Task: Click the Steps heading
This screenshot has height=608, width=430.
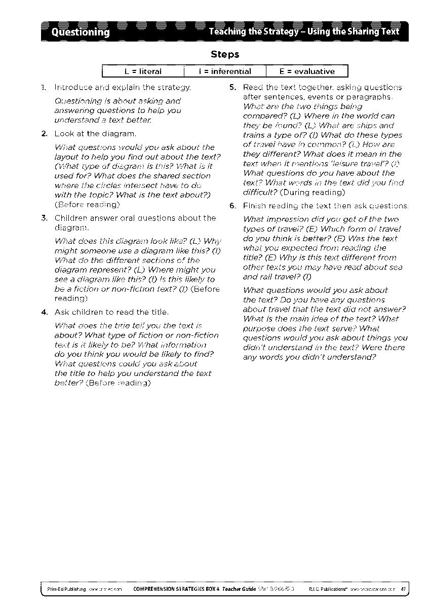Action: [225, 54]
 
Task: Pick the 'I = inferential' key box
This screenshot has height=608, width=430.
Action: [224, 71]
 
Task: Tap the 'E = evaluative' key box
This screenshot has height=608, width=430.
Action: [307, 71]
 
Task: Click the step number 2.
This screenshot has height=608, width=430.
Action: [44, 134]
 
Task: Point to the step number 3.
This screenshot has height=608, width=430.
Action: [44, 218]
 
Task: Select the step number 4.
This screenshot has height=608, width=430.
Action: [44, 312]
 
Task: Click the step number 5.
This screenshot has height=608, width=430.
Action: [232, 87]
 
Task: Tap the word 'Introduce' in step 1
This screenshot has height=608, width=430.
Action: [71, 88]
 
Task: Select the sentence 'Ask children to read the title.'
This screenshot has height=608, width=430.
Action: [111, 312]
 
